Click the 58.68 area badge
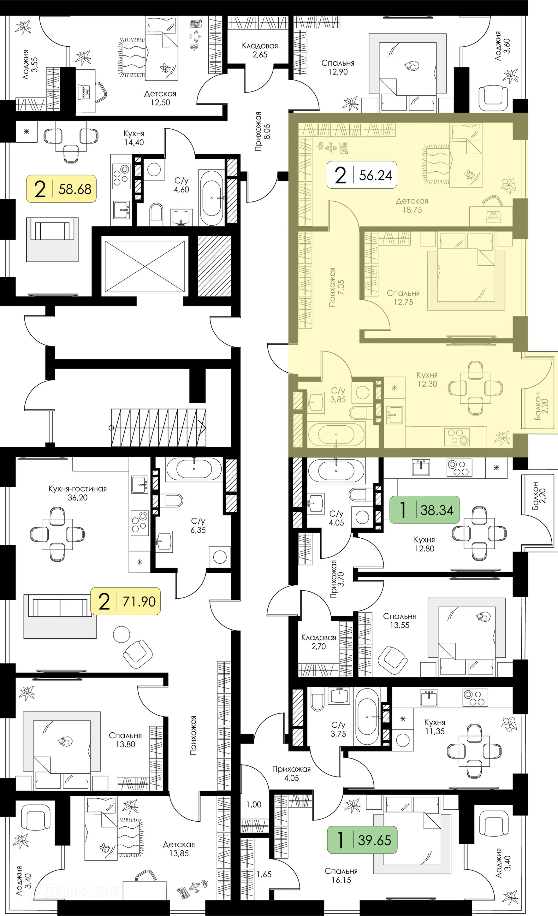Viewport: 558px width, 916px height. coord(61,189)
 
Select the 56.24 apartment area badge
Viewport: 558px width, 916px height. coord(362,175)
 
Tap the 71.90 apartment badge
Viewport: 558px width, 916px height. coord(126,601)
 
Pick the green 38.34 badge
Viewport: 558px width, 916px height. coord(424,510)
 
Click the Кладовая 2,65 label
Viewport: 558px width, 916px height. coord(260,50)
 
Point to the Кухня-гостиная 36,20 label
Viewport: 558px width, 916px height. coord(77,493)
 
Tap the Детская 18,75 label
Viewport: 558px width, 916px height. coord(412,205)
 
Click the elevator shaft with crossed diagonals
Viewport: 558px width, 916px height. coord(145,266)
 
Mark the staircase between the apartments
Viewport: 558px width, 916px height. coord(159,427)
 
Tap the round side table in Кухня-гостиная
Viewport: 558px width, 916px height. coord(121,634)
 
